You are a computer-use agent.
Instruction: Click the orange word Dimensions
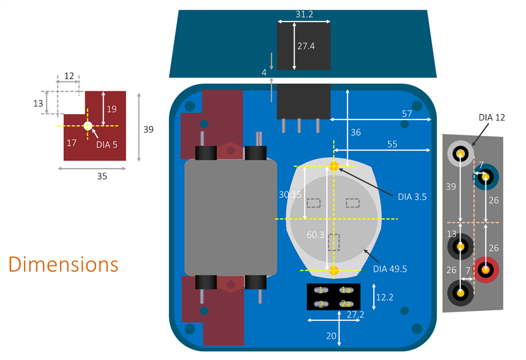coord(63,264)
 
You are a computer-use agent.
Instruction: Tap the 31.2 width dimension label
coord(304,14)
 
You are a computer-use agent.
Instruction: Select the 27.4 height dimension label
coord(306,46)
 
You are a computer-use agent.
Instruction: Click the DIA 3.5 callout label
coord(412,197)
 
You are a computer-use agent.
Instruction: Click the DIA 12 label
coord(492,117)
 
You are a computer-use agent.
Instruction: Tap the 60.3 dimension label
coord(316,235)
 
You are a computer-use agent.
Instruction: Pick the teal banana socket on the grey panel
coord(486,176)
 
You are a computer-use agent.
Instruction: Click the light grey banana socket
coord(460,154)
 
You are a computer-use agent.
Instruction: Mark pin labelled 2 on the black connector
coord(321,304)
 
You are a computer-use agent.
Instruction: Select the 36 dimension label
coord(355,132)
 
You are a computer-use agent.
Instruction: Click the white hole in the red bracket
coord(88,126)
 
